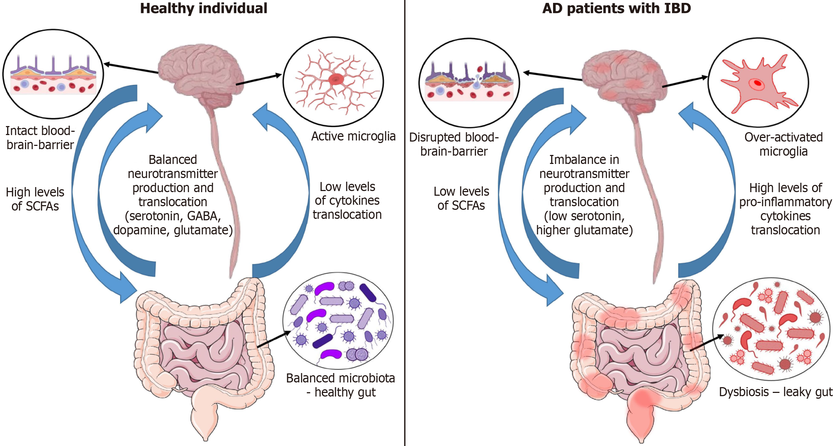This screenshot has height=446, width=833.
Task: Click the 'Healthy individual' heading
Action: tap(203, 8)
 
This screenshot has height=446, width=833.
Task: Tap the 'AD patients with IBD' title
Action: tap(617, 8)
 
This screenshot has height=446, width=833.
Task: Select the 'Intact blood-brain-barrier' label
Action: tap(40, 138)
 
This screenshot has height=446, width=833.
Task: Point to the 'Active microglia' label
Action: tap(353, 136)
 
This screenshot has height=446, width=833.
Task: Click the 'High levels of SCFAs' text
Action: tap(35, 199)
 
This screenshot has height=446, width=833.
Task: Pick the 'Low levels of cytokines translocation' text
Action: tap(347, 201)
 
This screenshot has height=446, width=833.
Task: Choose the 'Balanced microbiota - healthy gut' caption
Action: tap(341, 385)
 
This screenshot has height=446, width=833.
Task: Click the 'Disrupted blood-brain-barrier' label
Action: tap(454, 144)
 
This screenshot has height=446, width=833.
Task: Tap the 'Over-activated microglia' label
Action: tap(784, 144)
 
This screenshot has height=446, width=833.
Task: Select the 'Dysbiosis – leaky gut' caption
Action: tap(776, 392)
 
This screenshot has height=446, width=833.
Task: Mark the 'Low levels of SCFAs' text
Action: tap(461, 198)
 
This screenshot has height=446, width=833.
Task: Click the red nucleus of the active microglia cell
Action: tap(336, 79)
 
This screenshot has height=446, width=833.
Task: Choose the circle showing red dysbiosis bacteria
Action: tap(772, 329)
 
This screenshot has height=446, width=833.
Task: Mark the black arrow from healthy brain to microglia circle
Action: tap(259, 79)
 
